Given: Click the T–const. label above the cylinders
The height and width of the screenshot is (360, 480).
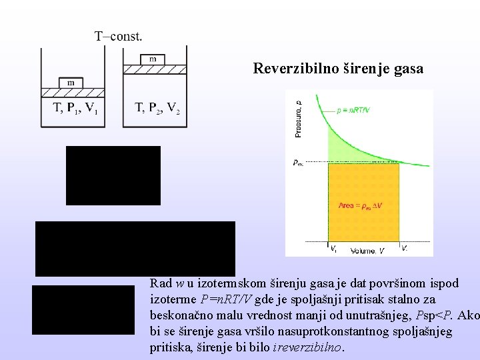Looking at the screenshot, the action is click(118, 35).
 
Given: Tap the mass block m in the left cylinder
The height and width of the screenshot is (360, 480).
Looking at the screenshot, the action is click(71, 82).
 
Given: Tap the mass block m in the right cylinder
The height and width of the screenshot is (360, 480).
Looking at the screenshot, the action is click(153, 59).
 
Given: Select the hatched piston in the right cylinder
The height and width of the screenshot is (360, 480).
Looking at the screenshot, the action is click(155, 68).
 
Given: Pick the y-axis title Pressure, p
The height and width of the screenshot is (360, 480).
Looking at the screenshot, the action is click(297, 118).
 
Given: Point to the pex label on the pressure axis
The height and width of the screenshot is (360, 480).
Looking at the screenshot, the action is click(298, 161).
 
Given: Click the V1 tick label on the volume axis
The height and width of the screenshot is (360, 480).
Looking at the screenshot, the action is click(333, 248).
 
